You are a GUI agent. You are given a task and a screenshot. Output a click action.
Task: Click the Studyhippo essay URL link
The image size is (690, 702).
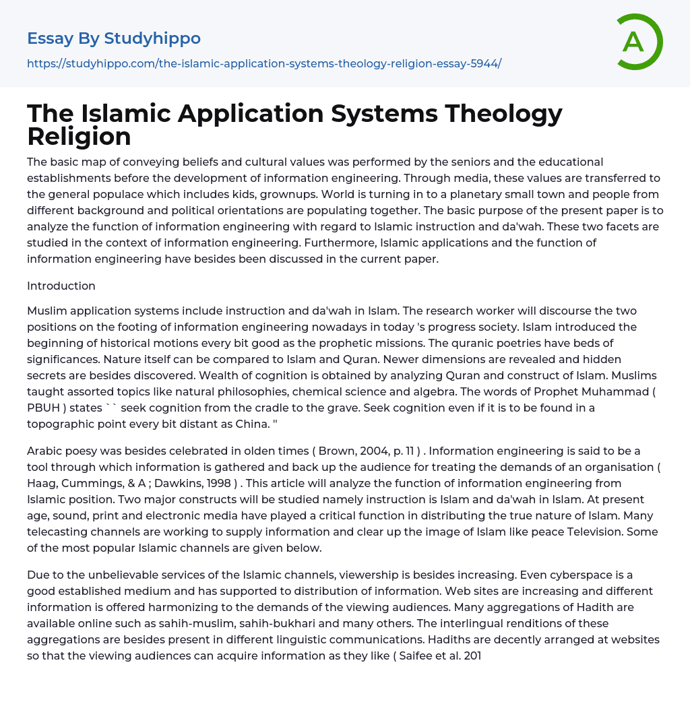[264, 63]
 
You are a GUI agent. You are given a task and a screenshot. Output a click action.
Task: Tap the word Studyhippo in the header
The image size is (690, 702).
[152, 38]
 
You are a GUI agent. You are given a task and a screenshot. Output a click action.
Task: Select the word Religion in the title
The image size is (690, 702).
[79, 137]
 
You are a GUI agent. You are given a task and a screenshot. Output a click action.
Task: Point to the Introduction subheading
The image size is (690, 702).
[61, 286]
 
